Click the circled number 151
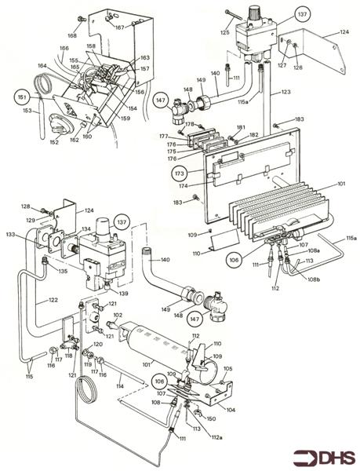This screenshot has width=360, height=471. (x=24, y=98)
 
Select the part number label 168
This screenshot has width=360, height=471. (x=72, y=35)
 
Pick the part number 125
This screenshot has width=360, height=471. (x=224, y=32)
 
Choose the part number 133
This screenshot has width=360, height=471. (x=10, y=234)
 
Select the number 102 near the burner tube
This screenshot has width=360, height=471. (x=118, y=316)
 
